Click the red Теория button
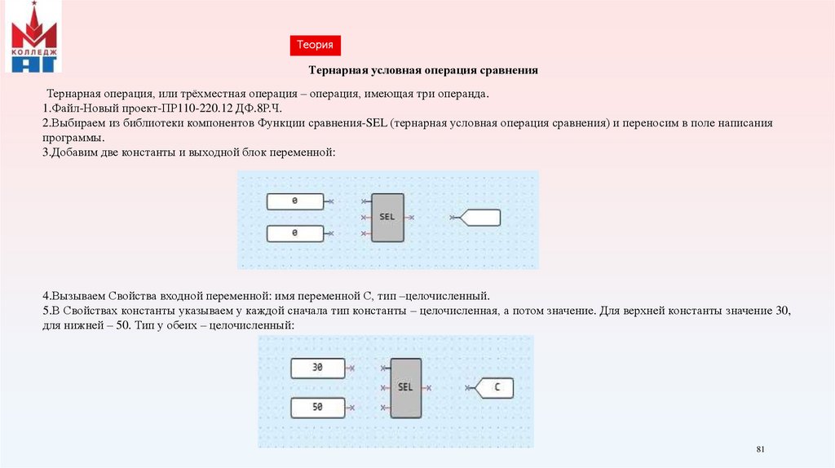314,46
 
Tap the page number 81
762,450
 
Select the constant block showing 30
318,368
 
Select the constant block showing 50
318,405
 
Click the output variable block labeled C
496,388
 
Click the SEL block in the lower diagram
405,387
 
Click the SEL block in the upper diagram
387,218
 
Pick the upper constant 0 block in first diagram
294,201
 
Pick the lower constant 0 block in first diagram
294,233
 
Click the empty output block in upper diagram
479,218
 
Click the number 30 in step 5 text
784,311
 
